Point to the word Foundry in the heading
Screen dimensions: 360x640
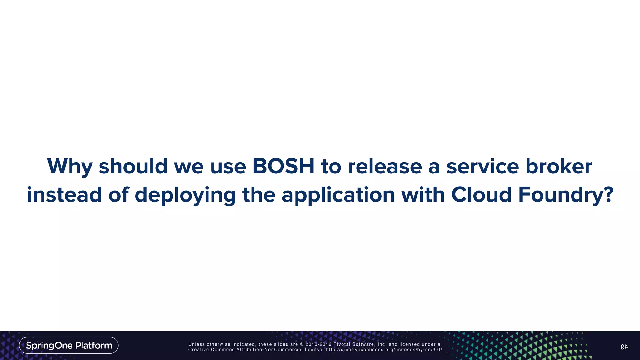tap(559, 194)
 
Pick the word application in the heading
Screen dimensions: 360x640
tap(338, 194)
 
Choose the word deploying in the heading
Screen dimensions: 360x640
tap(185, 194)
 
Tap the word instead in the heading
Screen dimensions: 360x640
tap(64, 194)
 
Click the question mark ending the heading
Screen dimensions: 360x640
tap(607, 194)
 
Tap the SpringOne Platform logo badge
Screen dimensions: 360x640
tap(69, 345)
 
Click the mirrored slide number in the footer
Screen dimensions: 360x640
tap(624, 347)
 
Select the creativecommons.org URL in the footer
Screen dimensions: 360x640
tap(384, 350)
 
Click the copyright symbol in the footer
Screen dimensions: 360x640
tap(302, 344)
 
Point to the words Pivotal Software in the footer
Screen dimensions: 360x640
tap(354, 344)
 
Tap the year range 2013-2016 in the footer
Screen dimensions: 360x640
tap(318, 344)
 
